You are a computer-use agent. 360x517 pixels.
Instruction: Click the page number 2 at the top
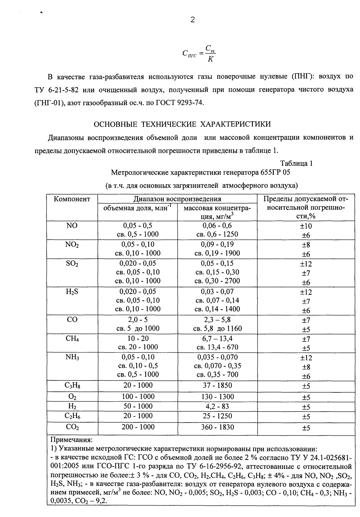point(193,20)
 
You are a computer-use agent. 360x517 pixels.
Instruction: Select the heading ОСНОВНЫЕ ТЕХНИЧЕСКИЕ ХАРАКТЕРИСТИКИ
point(182,124)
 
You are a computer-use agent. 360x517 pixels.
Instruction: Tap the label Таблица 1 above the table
point(296,163)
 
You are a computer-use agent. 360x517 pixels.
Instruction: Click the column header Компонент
point(72,199)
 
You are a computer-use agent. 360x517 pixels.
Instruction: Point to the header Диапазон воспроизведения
point(177,199)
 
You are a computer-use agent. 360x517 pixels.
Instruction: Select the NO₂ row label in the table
point(72,245)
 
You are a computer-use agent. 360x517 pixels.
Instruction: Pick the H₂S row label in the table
point(72,292)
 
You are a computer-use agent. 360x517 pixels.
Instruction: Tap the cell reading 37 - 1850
point(217,385)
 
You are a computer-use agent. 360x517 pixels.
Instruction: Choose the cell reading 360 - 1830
point(217,427)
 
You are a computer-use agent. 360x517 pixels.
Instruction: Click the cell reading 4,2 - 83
point(217,406)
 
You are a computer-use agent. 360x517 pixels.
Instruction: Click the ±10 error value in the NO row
point(306,226)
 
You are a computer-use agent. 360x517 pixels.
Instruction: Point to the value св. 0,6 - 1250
point(217,234)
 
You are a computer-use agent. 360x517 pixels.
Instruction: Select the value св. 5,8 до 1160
point(217,328)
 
